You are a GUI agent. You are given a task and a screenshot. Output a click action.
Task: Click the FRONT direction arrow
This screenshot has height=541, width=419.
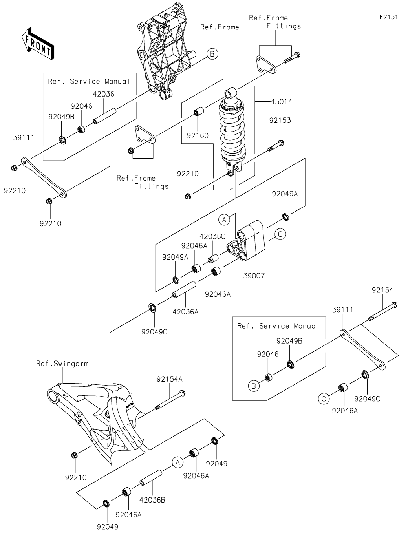38,44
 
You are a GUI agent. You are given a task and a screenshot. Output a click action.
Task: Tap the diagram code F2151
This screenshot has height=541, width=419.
388,17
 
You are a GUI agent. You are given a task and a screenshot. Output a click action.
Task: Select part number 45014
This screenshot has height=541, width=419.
281,102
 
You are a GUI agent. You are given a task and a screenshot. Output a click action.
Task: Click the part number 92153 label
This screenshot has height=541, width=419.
280,120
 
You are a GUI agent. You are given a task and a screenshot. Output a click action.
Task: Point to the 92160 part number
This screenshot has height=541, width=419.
198,136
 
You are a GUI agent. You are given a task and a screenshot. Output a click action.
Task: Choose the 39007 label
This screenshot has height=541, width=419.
254,276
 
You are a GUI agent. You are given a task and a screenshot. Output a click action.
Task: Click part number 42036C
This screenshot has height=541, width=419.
212,236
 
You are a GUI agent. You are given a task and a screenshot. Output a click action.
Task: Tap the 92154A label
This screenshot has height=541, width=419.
170,379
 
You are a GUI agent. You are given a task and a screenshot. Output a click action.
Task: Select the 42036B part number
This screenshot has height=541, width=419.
152,500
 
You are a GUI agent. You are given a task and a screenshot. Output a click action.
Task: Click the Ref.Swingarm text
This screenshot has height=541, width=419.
62,364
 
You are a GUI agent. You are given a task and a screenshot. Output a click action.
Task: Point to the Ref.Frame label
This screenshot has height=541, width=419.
220,27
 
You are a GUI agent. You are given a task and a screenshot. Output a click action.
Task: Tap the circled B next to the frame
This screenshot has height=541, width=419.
212,54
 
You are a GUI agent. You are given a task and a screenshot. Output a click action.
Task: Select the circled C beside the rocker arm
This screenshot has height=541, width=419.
280,234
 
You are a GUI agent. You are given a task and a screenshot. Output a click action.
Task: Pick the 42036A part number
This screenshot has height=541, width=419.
185,312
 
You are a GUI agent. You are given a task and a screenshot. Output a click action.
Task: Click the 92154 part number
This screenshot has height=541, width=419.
382,290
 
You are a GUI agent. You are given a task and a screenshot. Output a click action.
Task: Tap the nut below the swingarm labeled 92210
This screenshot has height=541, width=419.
74,455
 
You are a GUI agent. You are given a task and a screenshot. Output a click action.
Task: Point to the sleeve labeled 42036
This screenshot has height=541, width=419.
104,116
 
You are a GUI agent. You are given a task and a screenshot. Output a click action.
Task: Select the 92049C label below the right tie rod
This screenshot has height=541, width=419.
367,399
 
